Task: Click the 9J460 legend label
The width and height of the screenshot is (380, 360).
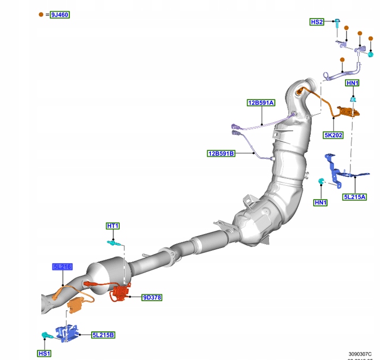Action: pyautogui.click(x=60, y=15)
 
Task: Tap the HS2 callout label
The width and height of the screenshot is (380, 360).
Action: pyautogui.click(x=317, y=22)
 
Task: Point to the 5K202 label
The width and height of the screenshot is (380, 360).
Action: pyautogui.click(x=334, y=135)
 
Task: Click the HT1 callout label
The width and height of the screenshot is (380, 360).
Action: pyautogui.click(x=113, y=226)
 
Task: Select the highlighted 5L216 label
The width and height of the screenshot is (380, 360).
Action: pyautogui.click(x=62, y=267)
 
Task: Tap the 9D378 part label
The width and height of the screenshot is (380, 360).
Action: pyautogui.click(x=152, y=298)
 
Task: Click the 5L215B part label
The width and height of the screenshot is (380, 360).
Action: pyautogui.click(x=103, y=335)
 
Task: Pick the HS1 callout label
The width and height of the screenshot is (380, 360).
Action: pyautogui.click(x=44, y=353)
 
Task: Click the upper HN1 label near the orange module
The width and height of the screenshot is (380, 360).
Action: pyautogui.click(x=352, y=83)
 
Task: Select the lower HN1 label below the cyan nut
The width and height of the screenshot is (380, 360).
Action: pyautogui.click(x=321, y=202)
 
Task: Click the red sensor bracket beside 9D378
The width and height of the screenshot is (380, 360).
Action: pyautogui.click(x=120, y=293)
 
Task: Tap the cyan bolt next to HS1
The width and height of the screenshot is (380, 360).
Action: pyautogui.click(x=46, y=335)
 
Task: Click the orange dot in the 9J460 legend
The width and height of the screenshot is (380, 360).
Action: pyautogui.click(x=41, y=15)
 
